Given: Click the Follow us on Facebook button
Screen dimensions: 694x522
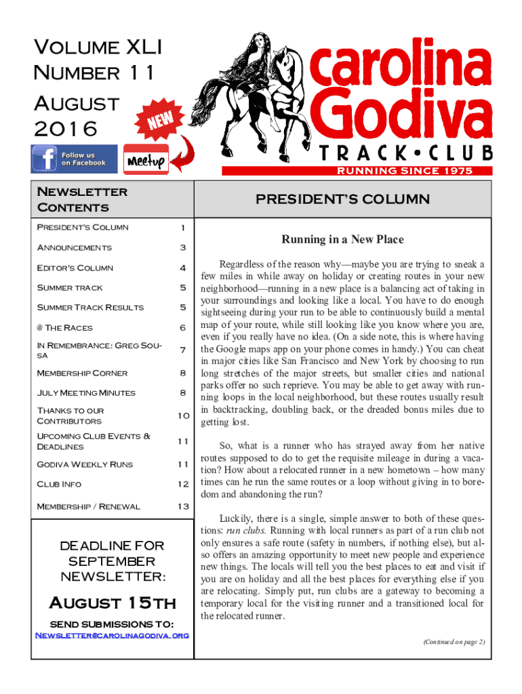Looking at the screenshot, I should (x=74, y=159).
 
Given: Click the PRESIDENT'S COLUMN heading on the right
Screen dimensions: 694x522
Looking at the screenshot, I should (x=342, y=199).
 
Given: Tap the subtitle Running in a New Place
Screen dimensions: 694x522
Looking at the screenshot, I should (x=342, y=239).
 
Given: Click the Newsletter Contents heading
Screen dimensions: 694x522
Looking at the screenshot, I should (x=82, y=199).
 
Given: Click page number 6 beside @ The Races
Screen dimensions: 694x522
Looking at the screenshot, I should (x=182, y=327).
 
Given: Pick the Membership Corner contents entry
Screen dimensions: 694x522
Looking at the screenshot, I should (x=82, y=373).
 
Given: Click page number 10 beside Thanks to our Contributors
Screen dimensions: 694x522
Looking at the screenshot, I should (x=182, y=415).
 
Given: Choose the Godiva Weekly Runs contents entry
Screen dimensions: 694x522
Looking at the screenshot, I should (x=85, y=464).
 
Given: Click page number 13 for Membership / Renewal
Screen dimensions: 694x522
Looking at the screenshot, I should (x=182, y=506).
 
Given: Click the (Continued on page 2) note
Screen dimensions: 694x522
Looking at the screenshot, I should (x=453, y=641).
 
